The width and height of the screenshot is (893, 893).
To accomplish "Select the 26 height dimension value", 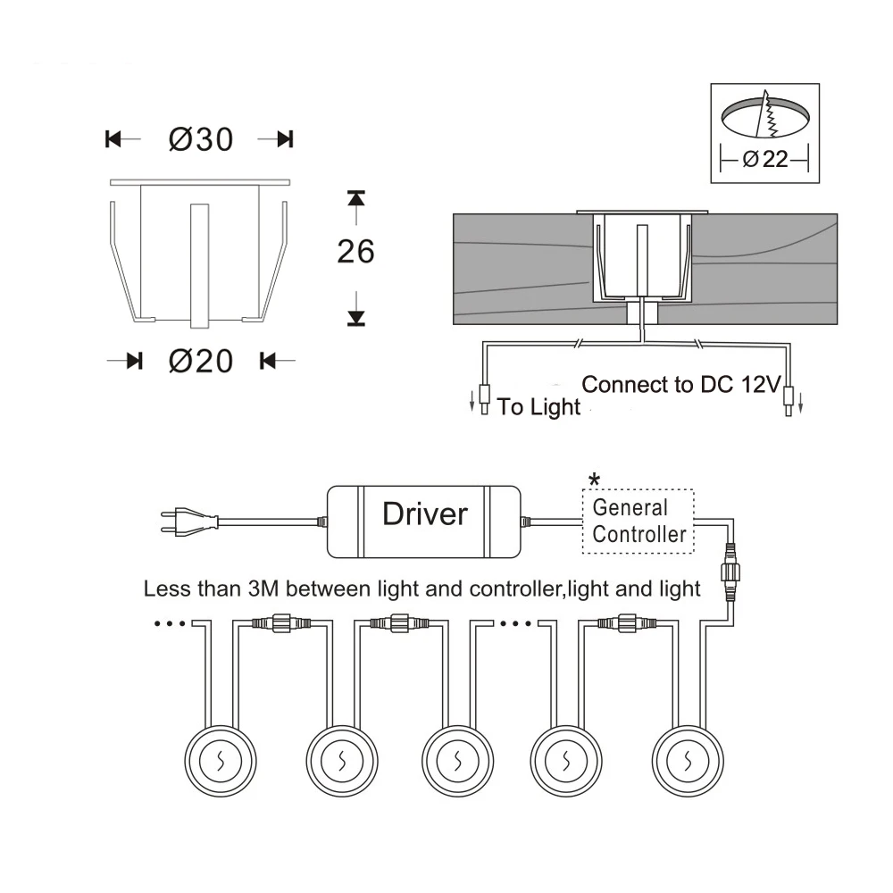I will tap(355, 253).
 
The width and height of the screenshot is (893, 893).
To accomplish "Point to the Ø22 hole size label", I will tap(764, 160).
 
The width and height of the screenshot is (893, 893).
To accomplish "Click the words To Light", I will tap(538, 408).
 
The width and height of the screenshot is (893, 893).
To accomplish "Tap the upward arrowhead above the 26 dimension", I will tap(356, 196).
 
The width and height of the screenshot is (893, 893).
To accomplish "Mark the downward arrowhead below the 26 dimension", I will tap(356, 315).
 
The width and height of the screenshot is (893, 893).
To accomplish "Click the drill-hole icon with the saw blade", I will tap(764, 118).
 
